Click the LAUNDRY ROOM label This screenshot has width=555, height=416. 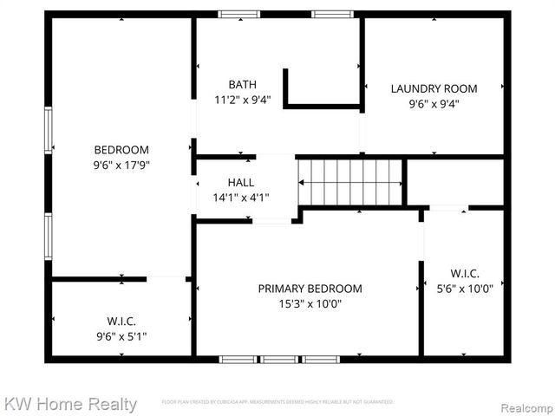coord(434,88)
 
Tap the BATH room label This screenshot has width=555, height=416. coord(243,84)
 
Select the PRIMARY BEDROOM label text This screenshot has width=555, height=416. coord(310,289)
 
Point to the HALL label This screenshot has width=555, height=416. coord(241,183)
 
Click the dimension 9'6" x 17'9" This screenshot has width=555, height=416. coord(121,165)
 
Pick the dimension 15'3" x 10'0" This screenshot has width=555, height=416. coord(310,303)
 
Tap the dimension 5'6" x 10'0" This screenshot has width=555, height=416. coord(466,289)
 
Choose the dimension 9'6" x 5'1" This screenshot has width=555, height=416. coord(121,336)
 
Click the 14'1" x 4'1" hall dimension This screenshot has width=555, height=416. coord(241,198)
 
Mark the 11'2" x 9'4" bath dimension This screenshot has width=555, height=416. coord(243,99)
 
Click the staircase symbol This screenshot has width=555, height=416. coord(351,181)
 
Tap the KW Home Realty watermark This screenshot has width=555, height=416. coord(70,404)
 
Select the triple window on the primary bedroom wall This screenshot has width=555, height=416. coord(279,359)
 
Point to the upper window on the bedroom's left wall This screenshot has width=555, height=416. coord(49,133)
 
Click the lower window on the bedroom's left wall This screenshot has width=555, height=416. coord(49,237)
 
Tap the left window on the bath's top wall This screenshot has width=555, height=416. coord(238,15)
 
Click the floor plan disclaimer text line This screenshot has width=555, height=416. coord(277,402)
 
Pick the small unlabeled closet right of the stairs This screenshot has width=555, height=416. coord(454,182)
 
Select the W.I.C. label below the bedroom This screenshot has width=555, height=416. coord(121,322)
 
